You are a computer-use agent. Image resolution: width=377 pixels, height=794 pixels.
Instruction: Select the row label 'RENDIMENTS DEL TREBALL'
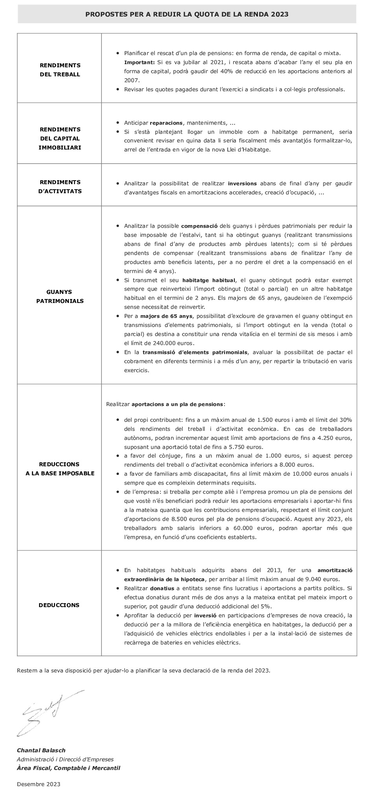pyautogui.click(x=60, y=70)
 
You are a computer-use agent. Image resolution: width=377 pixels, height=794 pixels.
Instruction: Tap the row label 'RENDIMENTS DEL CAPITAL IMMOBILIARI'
pyautogui.click(x=60, y=138)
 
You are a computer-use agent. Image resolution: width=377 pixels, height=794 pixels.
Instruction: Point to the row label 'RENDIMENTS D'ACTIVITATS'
pyautogui.click(x=60, y=186)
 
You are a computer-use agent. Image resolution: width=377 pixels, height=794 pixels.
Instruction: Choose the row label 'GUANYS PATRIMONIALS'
pyautogui.click(x=60, y=296)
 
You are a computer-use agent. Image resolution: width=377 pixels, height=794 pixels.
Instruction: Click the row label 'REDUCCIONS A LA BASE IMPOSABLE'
pyautogui.click(x=60, y=469)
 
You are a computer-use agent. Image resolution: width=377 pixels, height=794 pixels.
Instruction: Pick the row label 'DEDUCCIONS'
pyautogui.click(x=59, y=605)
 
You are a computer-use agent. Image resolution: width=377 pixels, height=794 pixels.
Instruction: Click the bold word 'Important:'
pyautogui.click(x=140, y=62)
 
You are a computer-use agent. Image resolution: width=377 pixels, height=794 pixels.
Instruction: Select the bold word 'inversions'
pyautogui.click(x=242, y=183)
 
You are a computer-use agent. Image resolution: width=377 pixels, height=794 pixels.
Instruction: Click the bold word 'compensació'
pyautogui.click(x=199, y=226)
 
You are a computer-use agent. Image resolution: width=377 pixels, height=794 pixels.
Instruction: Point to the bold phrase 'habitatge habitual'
pyautogui.click(x=208, y=280)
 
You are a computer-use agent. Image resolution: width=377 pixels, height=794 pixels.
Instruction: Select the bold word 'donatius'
pyautogui.click(x=162, y=588)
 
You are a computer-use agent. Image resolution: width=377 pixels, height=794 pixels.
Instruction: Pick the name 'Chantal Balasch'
pyautogui.click(x=41, y=750)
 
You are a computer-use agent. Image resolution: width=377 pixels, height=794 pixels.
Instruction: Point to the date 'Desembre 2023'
pyautogui.click(x=39, y=784)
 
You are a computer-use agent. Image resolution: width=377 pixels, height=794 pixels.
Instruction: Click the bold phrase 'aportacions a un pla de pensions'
pyautogui.click(x=177, y=404)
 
